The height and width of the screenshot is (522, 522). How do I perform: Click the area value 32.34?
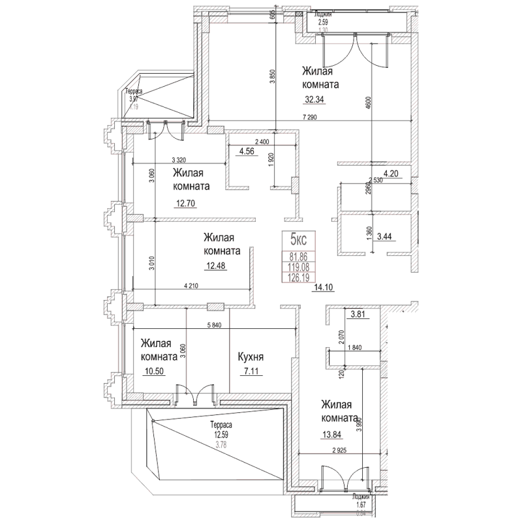314,100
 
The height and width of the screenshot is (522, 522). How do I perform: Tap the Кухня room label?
251,358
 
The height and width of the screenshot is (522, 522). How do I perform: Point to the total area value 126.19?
298,277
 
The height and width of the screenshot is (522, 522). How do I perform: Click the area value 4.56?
247,152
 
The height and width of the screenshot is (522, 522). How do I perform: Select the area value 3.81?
359,315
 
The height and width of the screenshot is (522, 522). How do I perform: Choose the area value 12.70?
185,203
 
